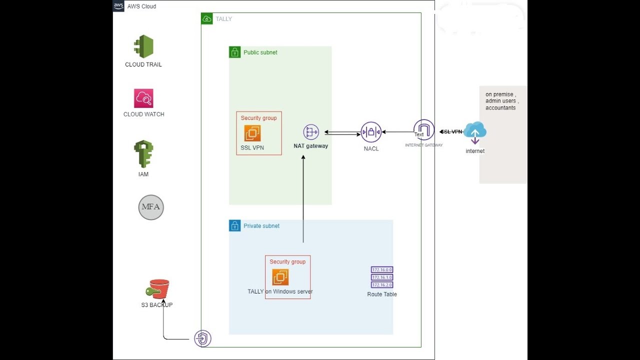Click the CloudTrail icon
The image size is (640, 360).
pos(143,46)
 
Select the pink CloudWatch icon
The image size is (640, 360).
pos(143,98)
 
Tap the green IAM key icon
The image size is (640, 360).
pos(143,154)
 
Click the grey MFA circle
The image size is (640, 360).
pos(151,207)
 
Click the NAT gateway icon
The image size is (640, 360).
pos(311,132)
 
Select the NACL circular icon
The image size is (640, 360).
pos(371,132)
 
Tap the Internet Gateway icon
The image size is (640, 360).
pos(424,130)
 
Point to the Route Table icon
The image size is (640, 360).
pos(382,277)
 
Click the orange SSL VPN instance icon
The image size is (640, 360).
pos(252,133)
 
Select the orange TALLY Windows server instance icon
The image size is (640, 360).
pos(280,277)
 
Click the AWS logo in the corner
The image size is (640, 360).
pos(118,6)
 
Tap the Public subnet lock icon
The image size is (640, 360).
pos(235,52)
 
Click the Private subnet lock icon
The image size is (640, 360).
pos(235,225)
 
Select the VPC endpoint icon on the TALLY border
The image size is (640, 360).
pos(202,338)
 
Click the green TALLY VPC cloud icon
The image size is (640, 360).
pos(207,19)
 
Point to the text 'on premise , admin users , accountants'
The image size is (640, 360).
pos(502,101)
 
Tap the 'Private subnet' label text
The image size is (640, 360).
pos(261,226)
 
